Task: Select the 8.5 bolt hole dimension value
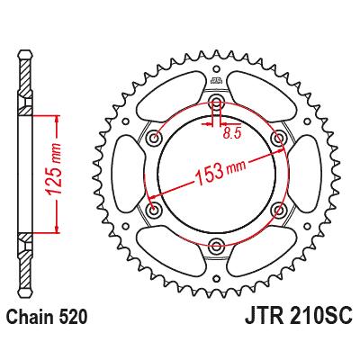pyautogui.click(x=232, y=133)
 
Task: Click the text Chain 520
pyautogui.click(x=47, y=317)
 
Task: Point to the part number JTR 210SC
pyautogui.click(x=298, y=317)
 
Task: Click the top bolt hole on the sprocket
pyautogui.click(x=216, y=101)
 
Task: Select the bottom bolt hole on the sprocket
pyautogui.click(x=216, y=244)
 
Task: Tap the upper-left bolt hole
pyautogui.click(x=155, y=138)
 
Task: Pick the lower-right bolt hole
pyautogui.click(x=279, y=209)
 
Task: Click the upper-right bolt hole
pyautogui.click(x=278, y=138)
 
